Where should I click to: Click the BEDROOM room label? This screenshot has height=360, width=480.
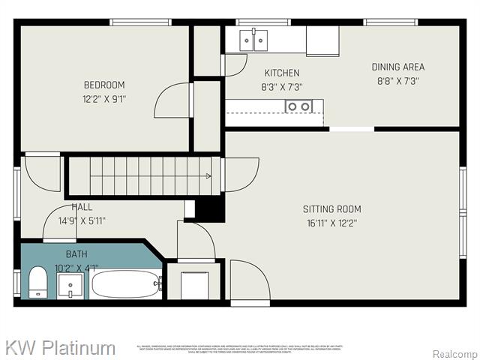coord(103,85)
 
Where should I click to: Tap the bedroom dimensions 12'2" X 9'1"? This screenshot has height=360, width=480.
coord(103,98)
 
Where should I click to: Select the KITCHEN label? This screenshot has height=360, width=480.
coord(282,73)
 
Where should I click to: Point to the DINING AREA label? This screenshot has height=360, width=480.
coord(397,67)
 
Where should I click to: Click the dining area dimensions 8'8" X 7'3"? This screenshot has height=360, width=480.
coord(397,80)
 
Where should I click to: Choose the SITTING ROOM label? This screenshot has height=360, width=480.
coord(331,209)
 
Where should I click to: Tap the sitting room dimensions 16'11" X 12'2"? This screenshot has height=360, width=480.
coord(331,223)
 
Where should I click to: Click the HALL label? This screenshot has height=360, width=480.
coord(82,207)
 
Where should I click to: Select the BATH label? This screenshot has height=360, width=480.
coord(76,254)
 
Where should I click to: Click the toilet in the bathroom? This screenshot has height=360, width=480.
coord(37,283)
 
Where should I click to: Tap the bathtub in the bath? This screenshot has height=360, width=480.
coord(125,284)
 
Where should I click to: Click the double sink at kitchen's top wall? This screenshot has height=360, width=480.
coord(253,40)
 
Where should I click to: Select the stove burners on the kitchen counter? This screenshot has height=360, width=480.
coord(298,106)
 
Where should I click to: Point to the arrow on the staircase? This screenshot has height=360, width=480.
coord(207,176)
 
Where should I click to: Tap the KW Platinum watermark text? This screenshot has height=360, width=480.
coord(60,348)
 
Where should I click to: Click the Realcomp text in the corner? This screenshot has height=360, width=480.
coord(454,353)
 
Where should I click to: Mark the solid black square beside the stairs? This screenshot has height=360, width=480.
coord(209,208)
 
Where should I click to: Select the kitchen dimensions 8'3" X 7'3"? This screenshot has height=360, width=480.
coord(282,86)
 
